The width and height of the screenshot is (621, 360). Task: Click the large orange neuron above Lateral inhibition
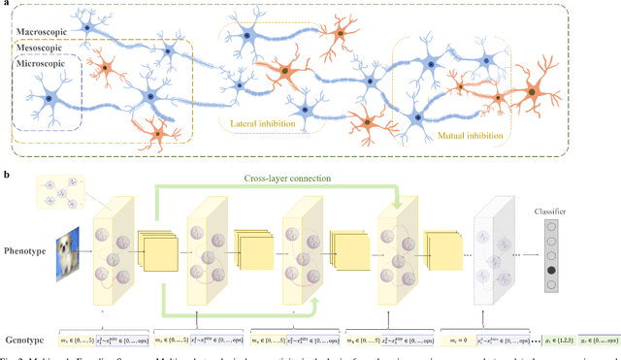[282, 72]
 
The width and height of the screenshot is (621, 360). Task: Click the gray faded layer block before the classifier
[493, 251]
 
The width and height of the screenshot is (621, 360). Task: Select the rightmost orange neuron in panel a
[532, 92]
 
